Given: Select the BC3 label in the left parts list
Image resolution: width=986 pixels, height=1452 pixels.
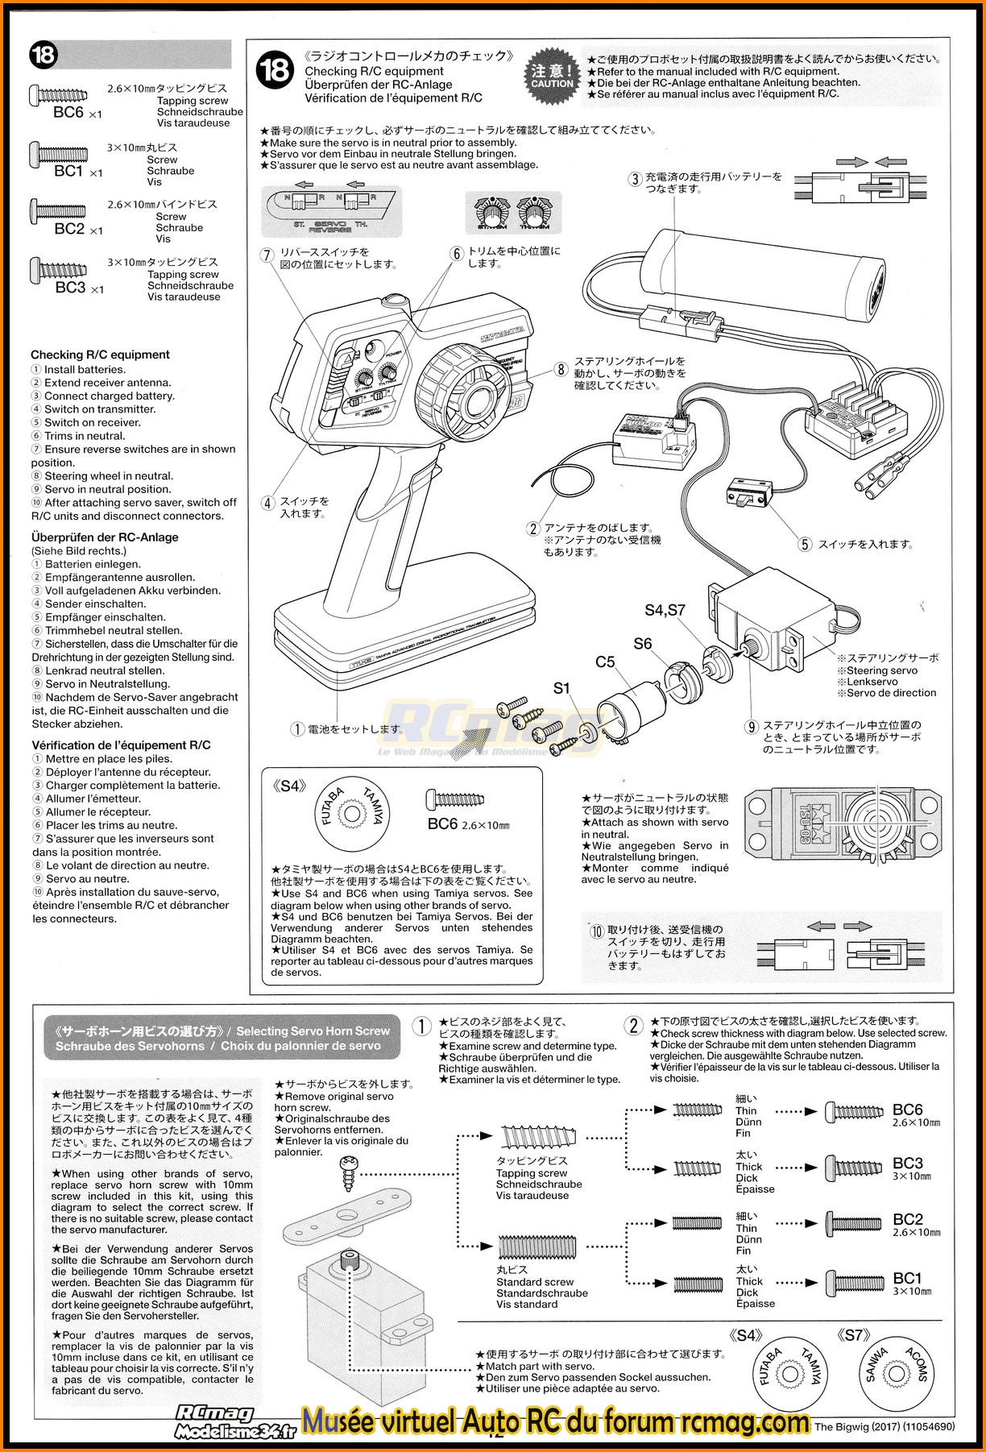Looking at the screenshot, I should pos(71,287).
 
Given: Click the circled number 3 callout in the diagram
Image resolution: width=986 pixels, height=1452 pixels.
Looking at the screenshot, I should pos(635,180).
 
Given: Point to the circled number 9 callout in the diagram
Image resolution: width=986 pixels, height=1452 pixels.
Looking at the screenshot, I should pos(752,727).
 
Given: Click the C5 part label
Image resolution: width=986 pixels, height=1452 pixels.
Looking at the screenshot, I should pos(605,662).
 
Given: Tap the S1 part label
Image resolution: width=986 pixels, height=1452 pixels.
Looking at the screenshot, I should pos(561,687).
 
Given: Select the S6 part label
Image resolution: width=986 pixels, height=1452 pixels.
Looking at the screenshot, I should pos(642,643).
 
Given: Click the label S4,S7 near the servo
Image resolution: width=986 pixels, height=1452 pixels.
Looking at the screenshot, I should pos(665,610).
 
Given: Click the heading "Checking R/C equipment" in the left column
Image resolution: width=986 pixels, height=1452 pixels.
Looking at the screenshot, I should pos(100,355).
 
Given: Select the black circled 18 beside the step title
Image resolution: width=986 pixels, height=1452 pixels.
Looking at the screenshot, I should pos(275,71).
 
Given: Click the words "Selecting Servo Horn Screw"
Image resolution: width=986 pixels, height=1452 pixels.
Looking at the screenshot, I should pos(313,1031).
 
